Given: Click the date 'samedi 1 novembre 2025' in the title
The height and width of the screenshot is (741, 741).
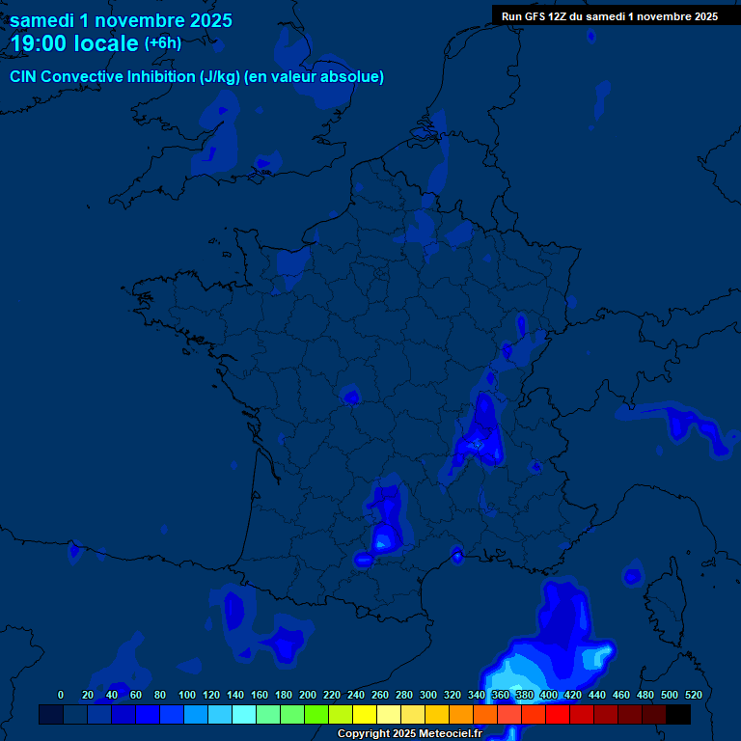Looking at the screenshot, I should click(121, 19).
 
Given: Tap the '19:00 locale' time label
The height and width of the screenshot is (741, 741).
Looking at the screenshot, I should click(74, 43).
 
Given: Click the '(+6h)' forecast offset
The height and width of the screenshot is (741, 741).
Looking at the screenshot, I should click(162, 43).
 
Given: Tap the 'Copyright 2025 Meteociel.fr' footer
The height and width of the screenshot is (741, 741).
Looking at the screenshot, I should click(409, 733).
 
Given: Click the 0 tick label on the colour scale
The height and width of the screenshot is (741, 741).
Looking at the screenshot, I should click(61, 695).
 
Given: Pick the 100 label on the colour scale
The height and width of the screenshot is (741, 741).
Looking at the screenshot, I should click(187, 695).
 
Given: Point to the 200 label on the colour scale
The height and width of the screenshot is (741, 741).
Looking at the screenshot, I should click(308, 695).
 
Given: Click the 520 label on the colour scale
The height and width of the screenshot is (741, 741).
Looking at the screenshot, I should click(693, 695).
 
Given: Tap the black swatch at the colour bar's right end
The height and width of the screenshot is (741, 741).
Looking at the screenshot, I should click(678, 714).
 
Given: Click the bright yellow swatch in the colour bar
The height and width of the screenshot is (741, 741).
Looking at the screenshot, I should click(364, 714).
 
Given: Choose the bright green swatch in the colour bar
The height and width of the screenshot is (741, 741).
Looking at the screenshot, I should click(316, 714).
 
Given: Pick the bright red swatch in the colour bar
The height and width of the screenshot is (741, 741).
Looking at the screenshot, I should click(558, 714).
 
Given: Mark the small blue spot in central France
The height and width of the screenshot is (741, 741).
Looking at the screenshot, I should click(351, 396).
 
